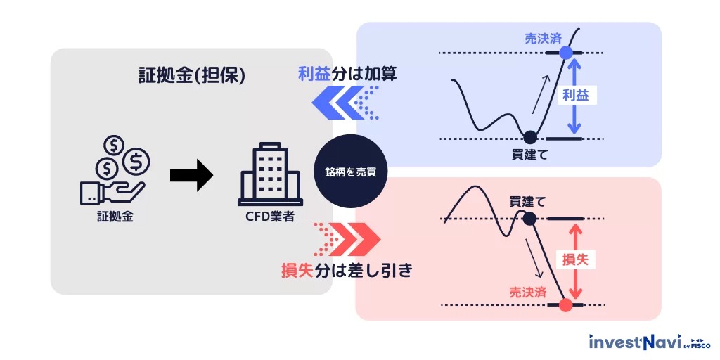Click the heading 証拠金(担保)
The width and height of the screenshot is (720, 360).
coord(191,77)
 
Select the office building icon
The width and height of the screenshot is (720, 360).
coord(270,176)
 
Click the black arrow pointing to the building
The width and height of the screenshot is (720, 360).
coord(191,175)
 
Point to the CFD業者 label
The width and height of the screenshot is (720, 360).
coord(270,217)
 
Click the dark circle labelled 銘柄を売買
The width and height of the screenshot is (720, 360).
coord(350,172)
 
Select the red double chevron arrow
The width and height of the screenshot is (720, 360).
coord(356,239)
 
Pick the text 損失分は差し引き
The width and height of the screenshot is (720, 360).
coord(346,269)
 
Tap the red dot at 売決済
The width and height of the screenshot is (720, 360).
coord(565,305)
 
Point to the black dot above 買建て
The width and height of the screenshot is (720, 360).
coord(530,137)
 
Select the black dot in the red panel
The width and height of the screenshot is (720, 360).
coord(530,219)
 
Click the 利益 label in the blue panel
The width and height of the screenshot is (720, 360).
coord(575,96)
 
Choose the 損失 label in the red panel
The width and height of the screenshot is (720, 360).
coord(575,259)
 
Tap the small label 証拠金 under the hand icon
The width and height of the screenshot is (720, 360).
coord(115,217)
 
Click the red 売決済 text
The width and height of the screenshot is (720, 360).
coord(527,291)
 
